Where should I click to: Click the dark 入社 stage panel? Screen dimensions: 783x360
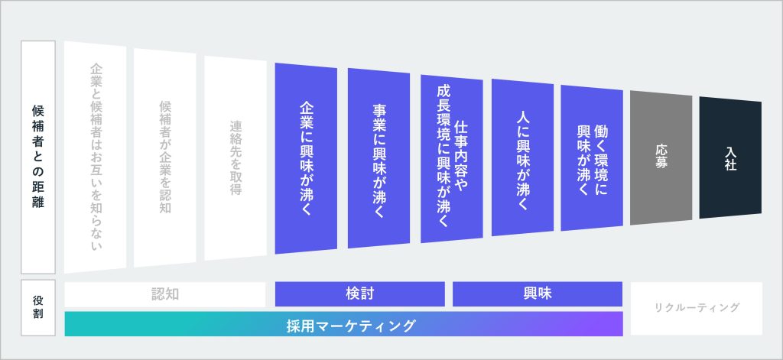point(730,157)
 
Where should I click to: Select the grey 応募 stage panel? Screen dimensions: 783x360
point(661,157)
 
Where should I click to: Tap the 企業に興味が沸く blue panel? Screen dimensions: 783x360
point(306,158)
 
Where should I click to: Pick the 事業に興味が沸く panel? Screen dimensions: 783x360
point(379,158)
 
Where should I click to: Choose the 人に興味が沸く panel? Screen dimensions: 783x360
point(522,157)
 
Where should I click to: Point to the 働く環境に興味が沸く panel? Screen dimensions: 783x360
point(592,157)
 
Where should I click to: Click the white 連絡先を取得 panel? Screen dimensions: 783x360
point(236,157)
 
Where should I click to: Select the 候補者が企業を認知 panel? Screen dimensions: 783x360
point(165,157)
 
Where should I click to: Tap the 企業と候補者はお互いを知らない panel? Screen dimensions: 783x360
point(96,157)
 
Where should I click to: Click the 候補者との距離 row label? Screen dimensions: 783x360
point(38,157)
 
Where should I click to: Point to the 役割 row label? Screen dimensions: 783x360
point(38,307)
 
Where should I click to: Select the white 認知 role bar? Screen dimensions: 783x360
point(165,294)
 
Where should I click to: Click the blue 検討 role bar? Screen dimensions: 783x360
point(359,294)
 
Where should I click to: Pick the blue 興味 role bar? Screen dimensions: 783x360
point(538,294)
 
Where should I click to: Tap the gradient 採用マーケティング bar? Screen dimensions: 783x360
point(343,324)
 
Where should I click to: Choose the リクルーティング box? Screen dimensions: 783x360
point(697,309)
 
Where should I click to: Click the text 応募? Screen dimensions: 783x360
point(661,157)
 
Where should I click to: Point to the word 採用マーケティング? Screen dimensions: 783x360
point(351,326)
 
